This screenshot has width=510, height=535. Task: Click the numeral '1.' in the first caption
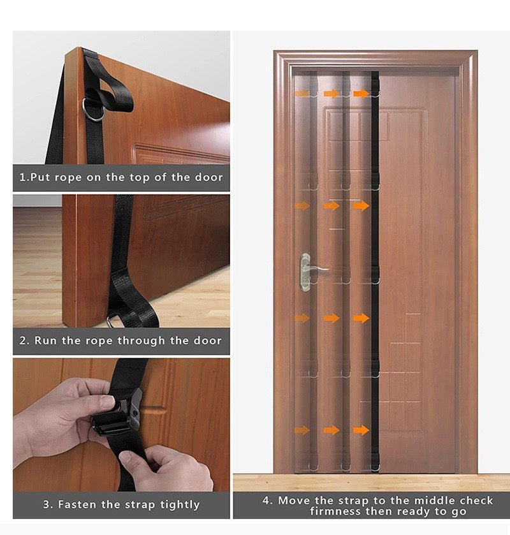[24, 177]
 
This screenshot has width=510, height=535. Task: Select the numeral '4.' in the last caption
[267, 500]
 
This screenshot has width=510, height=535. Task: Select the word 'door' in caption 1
[209, 177]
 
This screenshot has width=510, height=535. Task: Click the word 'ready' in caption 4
[414, 511]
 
